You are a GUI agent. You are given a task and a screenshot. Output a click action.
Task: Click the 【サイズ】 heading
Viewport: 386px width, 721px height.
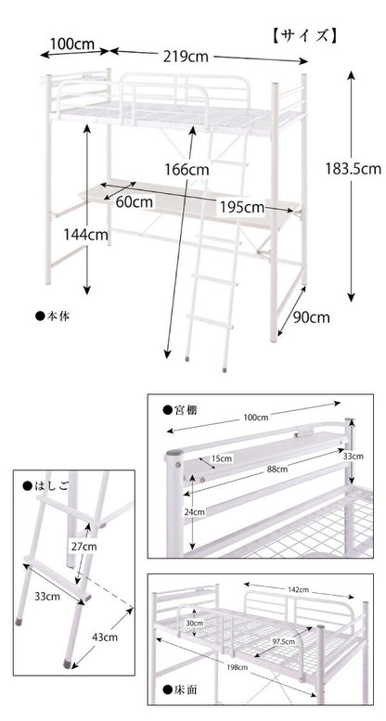(305, 36)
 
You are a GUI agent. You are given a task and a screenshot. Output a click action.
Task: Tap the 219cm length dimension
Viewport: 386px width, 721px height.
(186, 57)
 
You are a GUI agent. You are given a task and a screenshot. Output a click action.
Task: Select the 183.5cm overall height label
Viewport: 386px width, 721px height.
(354, 169)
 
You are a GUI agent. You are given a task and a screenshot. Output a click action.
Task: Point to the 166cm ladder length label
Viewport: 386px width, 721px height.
(187, 170)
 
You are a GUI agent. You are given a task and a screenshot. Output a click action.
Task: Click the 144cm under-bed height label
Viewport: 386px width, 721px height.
(85, 235)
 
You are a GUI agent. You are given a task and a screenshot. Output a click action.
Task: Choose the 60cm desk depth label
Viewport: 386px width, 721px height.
(135, 202)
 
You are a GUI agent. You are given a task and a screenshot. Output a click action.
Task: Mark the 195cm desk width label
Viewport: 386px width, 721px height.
(241, 207)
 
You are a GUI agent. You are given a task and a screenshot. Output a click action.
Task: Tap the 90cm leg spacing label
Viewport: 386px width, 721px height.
(312, 317)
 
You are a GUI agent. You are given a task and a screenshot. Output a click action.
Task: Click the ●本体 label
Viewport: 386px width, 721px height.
(53, 315)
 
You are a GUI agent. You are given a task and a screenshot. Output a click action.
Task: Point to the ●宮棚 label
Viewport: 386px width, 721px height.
(180, 410)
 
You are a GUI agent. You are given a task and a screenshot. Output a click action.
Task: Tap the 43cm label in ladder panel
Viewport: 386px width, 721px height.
(104, 637)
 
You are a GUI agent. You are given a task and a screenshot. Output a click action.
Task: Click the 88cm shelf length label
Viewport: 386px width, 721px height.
(277, 470)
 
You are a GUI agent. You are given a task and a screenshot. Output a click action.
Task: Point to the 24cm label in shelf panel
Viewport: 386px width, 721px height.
(192, 513)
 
